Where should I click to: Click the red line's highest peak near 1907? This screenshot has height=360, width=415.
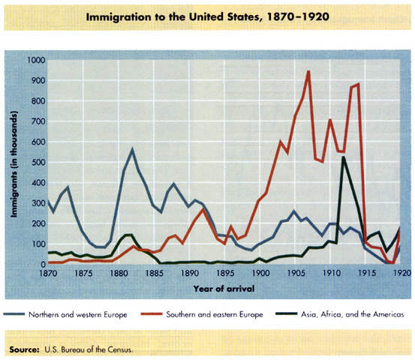point(308,71)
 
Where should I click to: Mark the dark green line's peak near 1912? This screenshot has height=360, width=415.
point(343,157)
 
